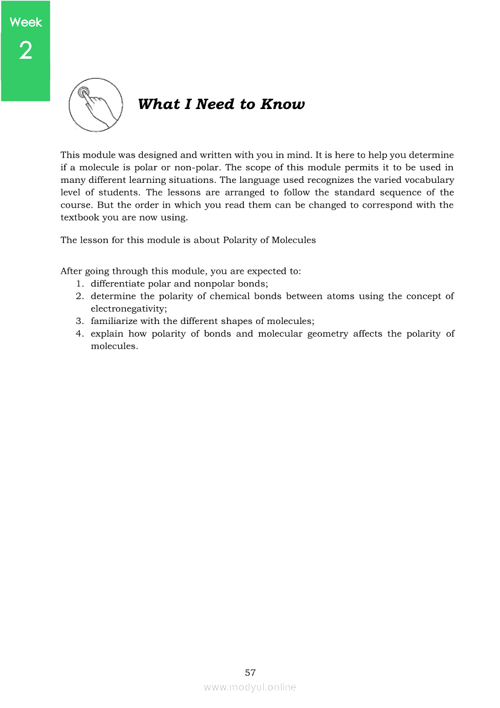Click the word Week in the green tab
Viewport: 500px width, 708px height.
[x=26, y=22]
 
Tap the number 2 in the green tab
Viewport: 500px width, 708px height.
[x=25, y=51]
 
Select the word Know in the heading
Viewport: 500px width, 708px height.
[x=283, y=104]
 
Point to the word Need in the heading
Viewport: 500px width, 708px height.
[x=214, y=104]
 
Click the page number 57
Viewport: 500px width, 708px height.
[x=250, y=673]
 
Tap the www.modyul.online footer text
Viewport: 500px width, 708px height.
[x=250, y=687]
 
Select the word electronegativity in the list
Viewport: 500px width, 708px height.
[x=128, y=309]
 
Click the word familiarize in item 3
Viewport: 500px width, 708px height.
[x=115, y=322]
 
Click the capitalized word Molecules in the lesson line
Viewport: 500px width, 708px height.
[x=294, y=240]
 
